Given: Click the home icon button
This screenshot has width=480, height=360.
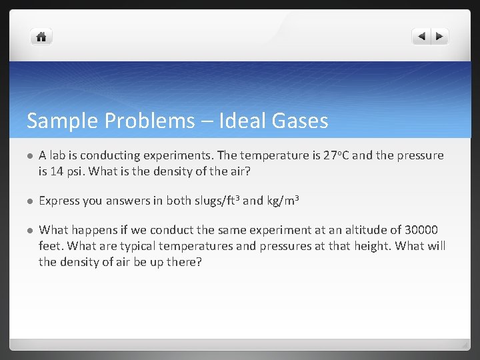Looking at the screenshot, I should [x=41, y=37].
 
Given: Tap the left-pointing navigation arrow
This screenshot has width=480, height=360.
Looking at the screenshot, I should [x=421, y=37].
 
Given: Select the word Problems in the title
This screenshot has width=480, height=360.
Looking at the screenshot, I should [x=142, y=121].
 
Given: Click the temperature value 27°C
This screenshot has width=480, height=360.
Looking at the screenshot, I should [x=333, y=155].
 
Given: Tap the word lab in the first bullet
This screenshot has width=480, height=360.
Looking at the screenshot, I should [x=57, y=155].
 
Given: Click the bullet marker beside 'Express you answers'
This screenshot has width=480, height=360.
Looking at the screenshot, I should [x=30, y=201].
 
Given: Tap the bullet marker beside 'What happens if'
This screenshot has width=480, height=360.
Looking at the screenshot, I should [x=30, y=231].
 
